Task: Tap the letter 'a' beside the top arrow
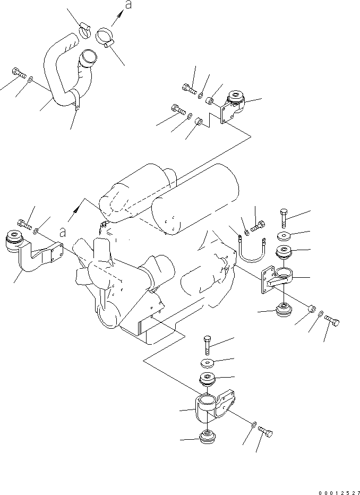coord(127,5)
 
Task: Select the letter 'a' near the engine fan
coord(63,232)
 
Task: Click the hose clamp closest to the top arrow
coord(107,38)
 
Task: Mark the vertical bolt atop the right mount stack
coord(282,217)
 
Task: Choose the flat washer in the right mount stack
coord(284,236)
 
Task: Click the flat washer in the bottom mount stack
coord(208,363)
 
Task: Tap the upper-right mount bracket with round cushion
coord(232,106)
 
